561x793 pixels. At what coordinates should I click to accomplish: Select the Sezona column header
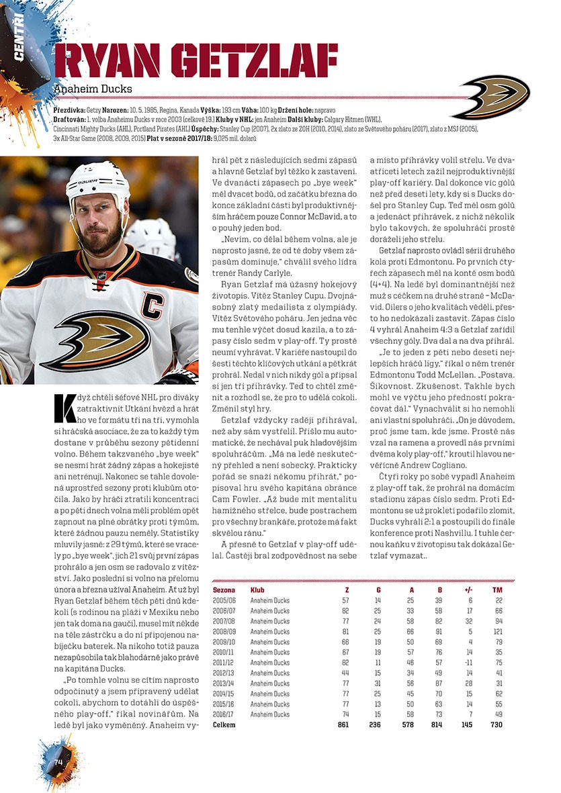(x=224, y=590)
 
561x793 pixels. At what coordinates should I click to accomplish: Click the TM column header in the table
(x=497, y=590)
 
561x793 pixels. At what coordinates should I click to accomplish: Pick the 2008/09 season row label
(x=224, y=631)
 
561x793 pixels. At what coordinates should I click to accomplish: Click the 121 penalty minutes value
(x=497, y=631)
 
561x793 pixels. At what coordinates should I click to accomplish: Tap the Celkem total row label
(x=224, y=725)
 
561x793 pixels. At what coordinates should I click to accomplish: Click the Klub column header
(x=257, y=590)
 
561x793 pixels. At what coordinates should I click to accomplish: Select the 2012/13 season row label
(x=224, y=673)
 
